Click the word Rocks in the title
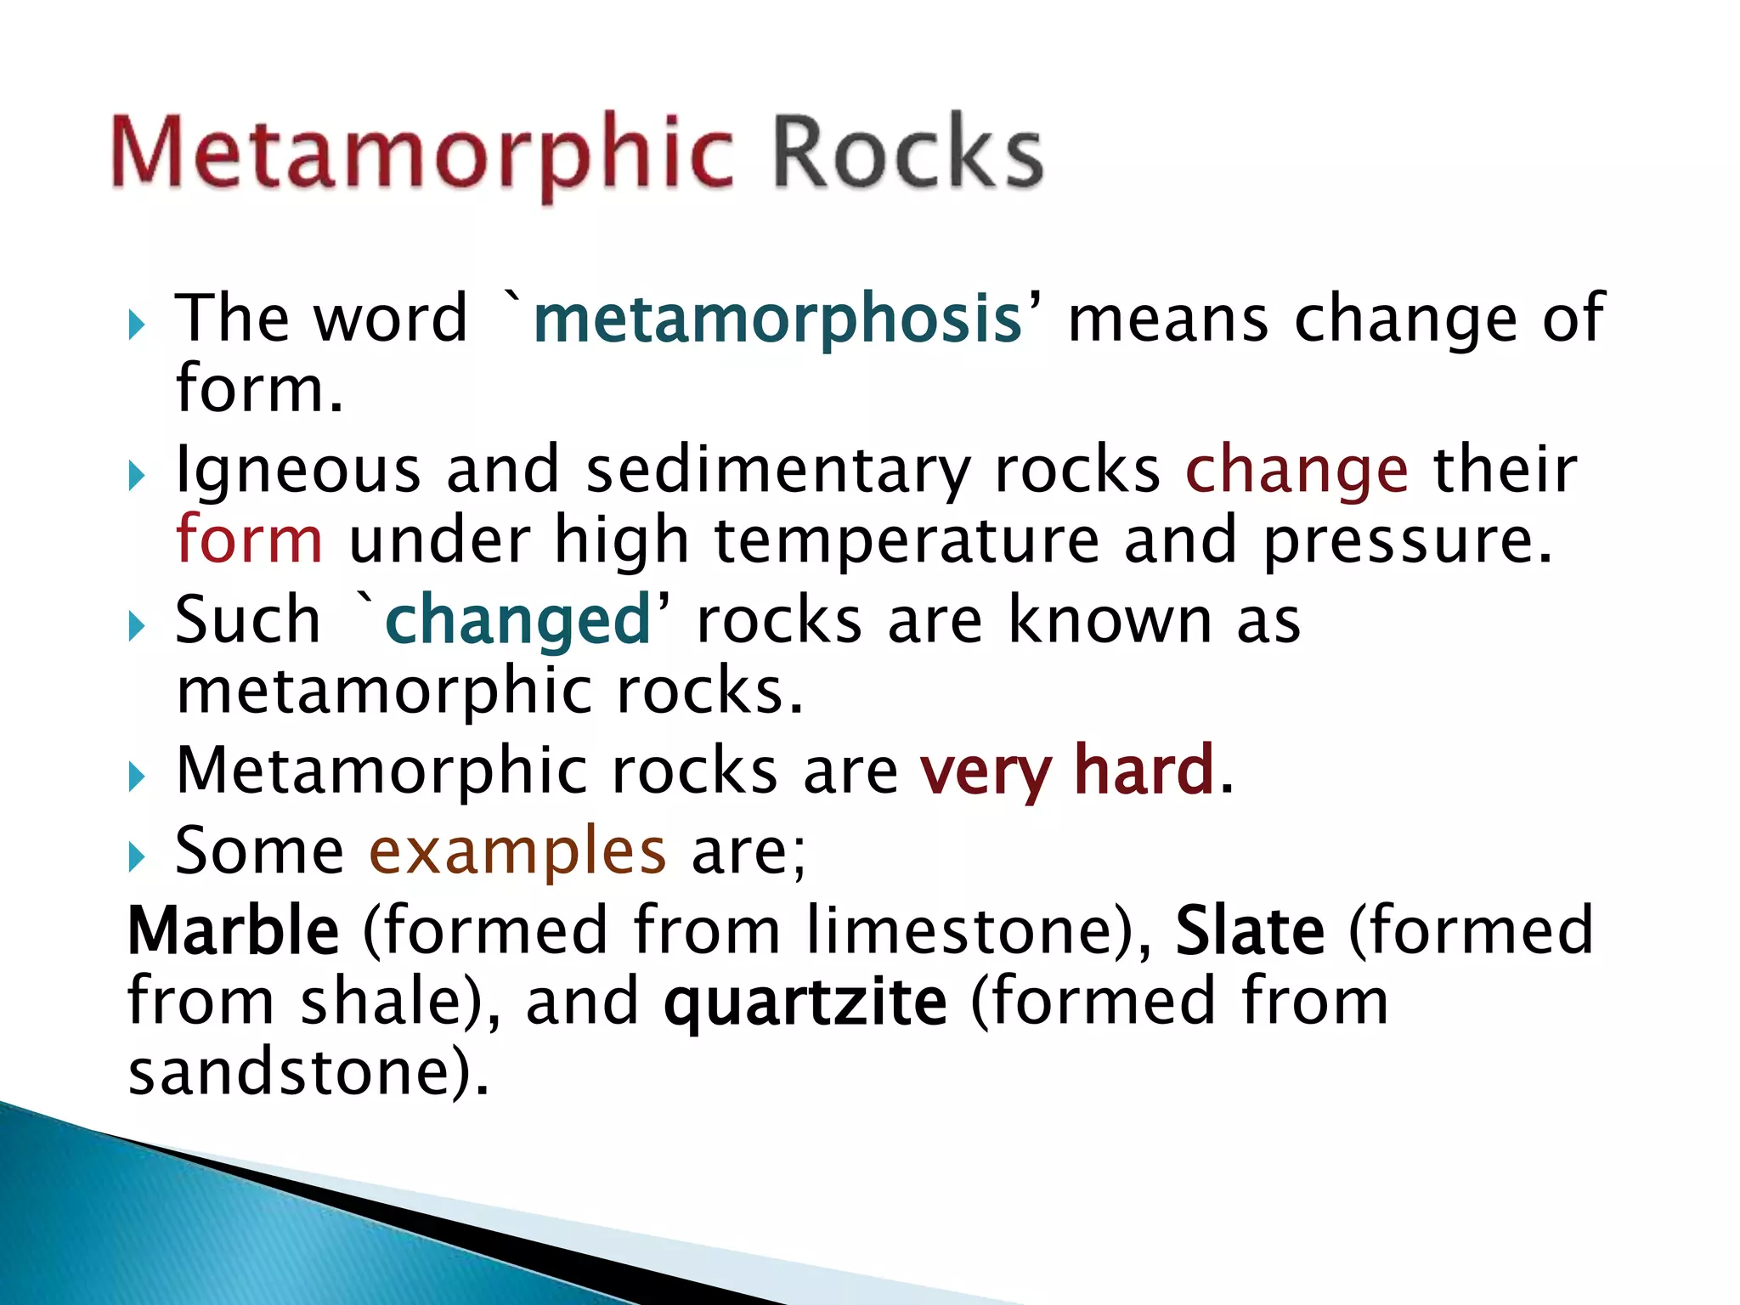(907, 153)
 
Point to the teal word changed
(517, 620)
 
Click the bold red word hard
(1144, 770)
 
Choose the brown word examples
(517, 851)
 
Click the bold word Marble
(234, 930)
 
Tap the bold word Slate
(1250, 930)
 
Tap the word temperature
(907, 541)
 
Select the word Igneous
(298, 472)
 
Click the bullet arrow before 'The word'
(137, 325)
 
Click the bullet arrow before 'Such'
(137, 626)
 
